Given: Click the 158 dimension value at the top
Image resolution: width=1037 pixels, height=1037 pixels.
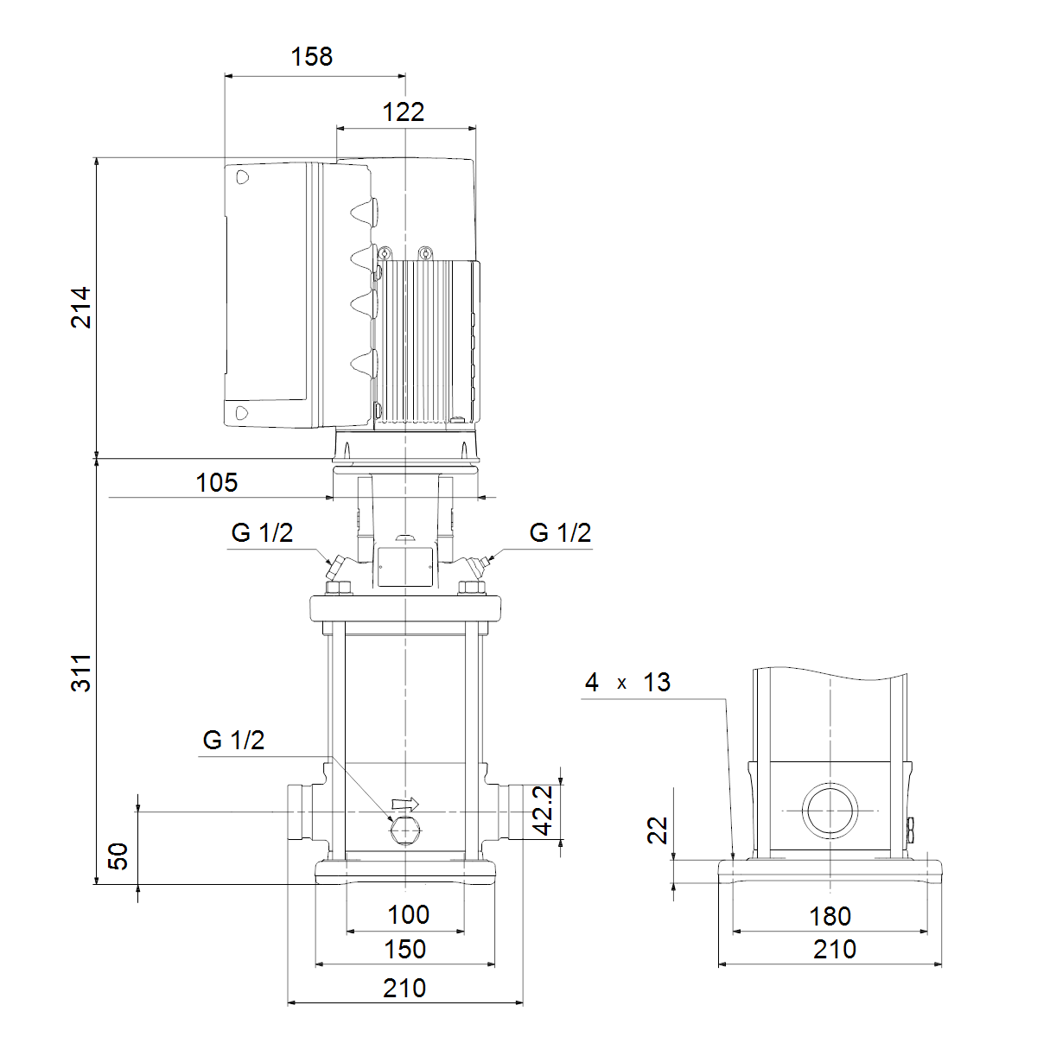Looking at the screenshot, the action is [x=312, y=56].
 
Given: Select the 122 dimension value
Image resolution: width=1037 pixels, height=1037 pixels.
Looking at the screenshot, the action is [x=403, y=112].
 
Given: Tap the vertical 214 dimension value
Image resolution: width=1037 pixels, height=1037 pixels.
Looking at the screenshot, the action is [x=81, y=308].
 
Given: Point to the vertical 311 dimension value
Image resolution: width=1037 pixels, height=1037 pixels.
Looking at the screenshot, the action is [x=81, y=672].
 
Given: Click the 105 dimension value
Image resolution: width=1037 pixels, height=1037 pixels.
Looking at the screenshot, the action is [x=216, y=483].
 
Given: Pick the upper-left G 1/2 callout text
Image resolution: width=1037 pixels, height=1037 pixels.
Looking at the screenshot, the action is [x=262, y=533].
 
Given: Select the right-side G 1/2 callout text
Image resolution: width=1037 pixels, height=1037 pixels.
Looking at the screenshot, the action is [x=560, y=533].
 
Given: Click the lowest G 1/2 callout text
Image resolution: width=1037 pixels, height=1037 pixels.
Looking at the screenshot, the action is [x=233, y=741].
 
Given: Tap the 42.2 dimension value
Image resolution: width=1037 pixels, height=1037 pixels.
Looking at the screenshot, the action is [x=543, y=811].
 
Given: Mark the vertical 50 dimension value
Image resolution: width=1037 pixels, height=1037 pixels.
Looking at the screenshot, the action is [x=118, y=856].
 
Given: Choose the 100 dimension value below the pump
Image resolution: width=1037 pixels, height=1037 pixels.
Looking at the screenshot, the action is [x=409, y=915].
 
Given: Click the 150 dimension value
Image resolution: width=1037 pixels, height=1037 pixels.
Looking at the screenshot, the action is [x=404, y=949].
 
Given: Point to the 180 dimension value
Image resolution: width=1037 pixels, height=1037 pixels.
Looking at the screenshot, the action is [x=830, y=917].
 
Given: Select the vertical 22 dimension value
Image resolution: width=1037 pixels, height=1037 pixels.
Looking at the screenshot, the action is [x=658, y=830].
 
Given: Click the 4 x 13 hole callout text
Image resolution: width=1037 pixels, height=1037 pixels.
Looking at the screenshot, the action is [x=627, y=683].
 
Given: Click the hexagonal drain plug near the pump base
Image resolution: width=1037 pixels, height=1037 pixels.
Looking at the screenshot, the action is [x=406, y=831].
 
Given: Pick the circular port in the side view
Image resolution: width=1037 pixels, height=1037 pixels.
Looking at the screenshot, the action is [x=830, y=811].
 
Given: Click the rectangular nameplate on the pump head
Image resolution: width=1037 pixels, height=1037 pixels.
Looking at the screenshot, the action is [x=405, y=566].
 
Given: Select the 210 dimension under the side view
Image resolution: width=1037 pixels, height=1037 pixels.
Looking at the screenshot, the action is [x=835, y=950].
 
